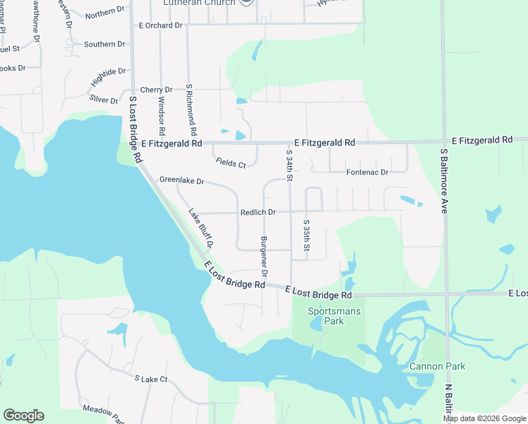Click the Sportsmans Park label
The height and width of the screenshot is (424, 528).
(325, 316)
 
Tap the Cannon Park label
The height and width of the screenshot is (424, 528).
(437, 366)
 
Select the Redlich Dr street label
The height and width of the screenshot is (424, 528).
(258, 212)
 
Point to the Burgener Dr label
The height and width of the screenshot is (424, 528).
(264, 256)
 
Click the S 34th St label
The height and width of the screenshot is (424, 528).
(289, 165)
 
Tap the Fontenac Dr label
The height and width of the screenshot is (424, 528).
(367, 172)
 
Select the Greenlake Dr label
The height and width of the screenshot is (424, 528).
(181, 181)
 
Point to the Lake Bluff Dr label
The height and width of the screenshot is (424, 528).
(200, 228)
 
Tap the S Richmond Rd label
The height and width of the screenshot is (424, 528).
(190, 110)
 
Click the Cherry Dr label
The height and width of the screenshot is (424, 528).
(156, 90)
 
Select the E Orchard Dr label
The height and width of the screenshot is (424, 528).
(161, 25)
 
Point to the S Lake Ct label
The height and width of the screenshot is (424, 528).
(151, 379)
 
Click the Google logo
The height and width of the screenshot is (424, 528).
(23, 416)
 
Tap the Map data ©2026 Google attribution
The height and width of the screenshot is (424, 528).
(484, 418)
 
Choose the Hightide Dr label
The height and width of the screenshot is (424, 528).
(108, 77)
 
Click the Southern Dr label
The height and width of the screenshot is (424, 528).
(104, 45)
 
